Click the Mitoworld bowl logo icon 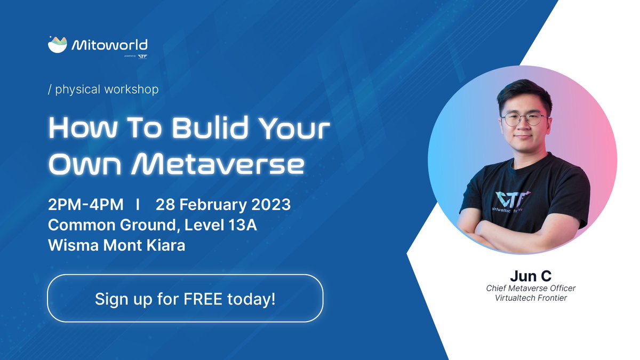coord(58,45)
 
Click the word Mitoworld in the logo coord(109,46)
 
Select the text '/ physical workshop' coord(103,89)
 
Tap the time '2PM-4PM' coord(85,205)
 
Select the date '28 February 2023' coord(223,205)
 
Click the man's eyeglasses coord(523,119)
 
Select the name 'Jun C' coord(530,276)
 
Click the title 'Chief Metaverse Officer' coord(530,288)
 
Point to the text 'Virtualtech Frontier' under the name coord(530,298)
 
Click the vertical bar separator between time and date coord(138,205)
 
